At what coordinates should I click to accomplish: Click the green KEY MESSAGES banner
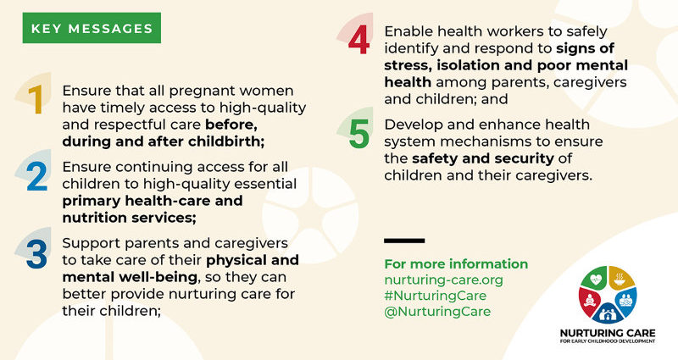point(92,28)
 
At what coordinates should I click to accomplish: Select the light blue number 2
point(36,177)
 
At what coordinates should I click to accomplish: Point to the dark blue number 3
point(36,253)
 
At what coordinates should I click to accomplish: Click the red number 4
point(358,40)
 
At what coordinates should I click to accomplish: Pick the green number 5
point(359,134)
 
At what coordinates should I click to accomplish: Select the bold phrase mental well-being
point(130,277)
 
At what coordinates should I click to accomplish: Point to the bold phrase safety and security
point(482,158)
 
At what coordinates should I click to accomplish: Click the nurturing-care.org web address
point(443,280)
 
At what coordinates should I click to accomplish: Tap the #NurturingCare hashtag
point(436,296)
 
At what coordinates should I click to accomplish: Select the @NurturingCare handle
point(437,311)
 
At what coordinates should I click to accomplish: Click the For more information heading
point(456,263)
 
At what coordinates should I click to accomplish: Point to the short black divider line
point(404,241)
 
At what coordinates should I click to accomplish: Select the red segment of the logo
point(588,299)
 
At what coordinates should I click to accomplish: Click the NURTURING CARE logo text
point(608,333)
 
